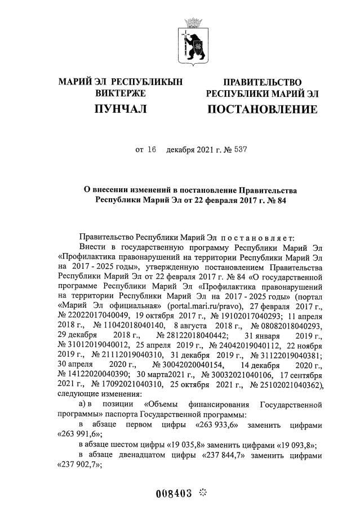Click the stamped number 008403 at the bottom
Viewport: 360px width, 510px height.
coord(174,494)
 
